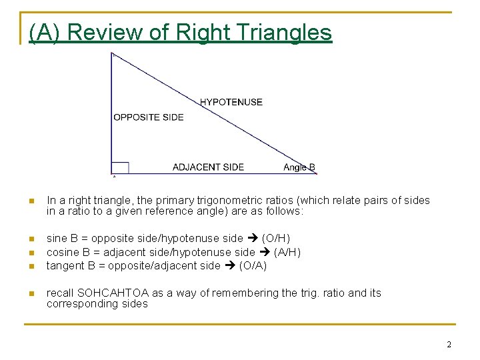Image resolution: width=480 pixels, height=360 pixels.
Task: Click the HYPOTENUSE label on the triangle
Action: tap(231, 102)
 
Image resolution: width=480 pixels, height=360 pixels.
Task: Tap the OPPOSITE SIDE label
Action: tap(148, 117)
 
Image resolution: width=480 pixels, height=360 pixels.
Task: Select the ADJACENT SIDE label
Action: tap(208, 167)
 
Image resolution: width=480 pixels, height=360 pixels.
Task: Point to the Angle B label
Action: tap(299, 167)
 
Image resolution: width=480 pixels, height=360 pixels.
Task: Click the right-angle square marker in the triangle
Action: tap(120, 167)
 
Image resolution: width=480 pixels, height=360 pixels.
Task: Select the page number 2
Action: tap(449, 345)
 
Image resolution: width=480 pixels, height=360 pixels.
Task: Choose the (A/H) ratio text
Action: tap(287, 252)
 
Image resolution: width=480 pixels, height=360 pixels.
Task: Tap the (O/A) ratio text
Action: tap(253, 265)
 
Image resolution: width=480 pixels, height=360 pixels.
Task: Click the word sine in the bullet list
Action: tap(57, 238)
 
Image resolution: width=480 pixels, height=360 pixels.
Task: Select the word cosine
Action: tap(63, 252)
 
